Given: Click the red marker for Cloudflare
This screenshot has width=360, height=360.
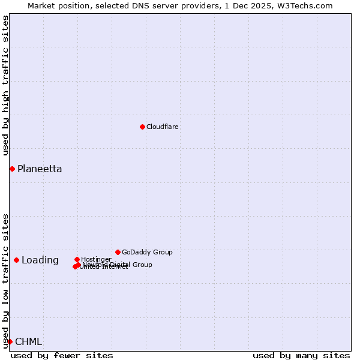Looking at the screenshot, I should click(x=142, y=127).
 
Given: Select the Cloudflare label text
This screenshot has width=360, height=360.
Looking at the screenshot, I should click(x=163, y=127).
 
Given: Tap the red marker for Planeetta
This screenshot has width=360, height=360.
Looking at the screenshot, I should click(x=12, y=169).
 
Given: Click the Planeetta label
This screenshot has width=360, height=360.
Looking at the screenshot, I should click(x=40, y=169).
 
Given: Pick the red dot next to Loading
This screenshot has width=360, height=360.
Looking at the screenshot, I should click(x=16, y=260).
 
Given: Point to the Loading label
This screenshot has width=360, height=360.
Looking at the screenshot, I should click(x=40, y=260).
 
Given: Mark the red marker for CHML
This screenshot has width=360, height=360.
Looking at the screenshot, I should click(x=10, y=341).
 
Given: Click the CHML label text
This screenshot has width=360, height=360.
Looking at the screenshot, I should click(x=29, y=342).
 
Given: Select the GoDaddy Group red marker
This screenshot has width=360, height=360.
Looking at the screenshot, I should click(x=118, y=252).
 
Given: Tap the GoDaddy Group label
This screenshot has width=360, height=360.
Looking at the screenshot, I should click(x=147, y=252).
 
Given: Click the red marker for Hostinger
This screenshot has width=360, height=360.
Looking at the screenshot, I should click(x=77, y=259).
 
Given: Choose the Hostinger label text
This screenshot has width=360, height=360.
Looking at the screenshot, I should click(x=96, y=259).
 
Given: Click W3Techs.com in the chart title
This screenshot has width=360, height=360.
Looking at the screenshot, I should click(x=304, y=5).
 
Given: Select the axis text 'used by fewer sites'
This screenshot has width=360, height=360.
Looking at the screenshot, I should click(x=62, y=355).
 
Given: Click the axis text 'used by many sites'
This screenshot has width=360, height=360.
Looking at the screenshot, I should click(x=301, y=355).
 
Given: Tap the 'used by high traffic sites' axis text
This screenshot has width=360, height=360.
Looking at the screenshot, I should click(x=5, y=85).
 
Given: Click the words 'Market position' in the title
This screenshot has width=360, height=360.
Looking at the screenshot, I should click(x=56, y=5).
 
